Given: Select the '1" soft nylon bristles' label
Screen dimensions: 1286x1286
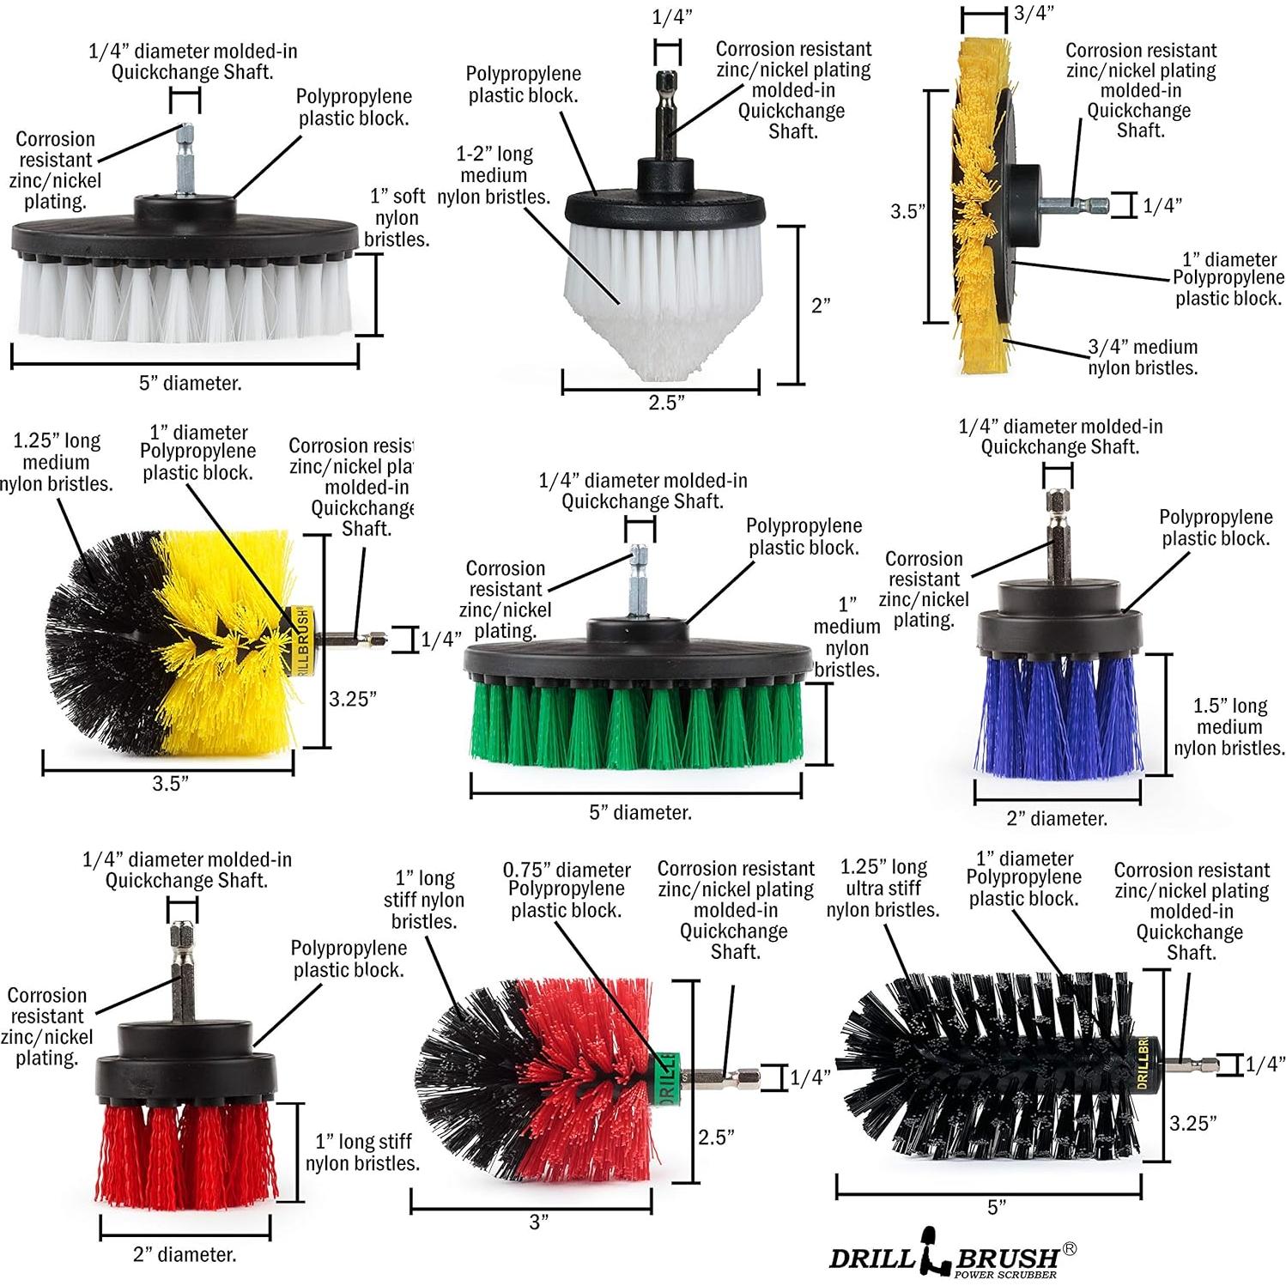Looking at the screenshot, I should pyautogui.click(x=396, y=218).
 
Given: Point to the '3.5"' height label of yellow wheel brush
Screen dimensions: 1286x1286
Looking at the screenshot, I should pyautogui.click(x=906, y=211).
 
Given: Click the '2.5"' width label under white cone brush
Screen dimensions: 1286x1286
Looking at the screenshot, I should pyautogui.click(x=666, y=403).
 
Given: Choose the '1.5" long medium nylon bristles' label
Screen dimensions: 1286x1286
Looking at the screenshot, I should pyautogui.click(x=1229, y=726).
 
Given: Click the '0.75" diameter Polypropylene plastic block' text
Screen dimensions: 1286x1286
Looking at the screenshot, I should pyautogui.click(x=567, y=889).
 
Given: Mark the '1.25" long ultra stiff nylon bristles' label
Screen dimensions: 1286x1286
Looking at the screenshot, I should pyautogui.click(x=883, y=888).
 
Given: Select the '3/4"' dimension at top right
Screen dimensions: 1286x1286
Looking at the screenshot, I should pyautogui.click(x=1034, y=12).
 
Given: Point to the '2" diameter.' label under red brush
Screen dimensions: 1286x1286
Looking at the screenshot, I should pyautogui.click(x=185, y=1254).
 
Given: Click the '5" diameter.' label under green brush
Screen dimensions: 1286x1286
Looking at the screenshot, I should pyautogui.click(x=640, y=812).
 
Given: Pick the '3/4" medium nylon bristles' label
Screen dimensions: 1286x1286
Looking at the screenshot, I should pyautogui.click(x=1142, y=357).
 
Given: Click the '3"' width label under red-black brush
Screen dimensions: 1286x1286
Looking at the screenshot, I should pyautogui.click(x=538, y=1222).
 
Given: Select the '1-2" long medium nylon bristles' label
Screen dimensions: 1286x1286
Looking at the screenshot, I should pyautogui.click(x=494, y=175).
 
